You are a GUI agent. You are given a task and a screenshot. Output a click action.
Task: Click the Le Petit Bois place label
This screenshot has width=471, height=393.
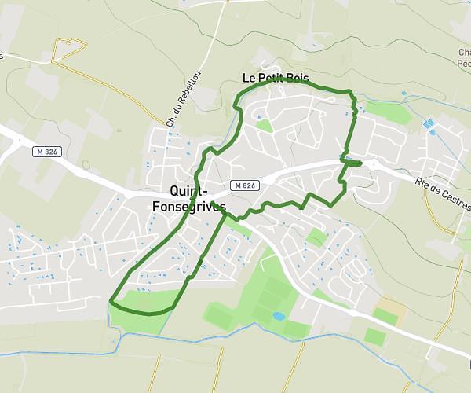pyautogui.click(x=274, y=78)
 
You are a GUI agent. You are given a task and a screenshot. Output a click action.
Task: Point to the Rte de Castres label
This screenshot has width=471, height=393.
pyautogui.click(x=443, y=189)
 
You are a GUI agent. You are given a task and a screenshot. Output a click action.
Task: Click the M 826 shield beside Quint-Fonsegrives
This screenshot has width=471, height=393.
pyautogui.click(x=245, y=185)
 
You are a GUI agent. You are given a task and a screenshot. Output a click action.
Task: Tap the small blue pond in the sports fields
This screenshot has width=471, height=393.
pyautogui.click(x=279, y=316)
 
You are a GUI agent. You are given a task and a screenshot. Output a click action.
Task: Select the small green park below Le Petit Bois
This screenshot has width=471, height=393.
pyautogui.click(x=264, y=125)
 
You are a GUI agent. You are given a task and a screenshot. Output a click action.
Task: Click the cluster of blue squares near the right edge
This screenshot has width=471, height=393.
pyautogui.click(x=429, y=124)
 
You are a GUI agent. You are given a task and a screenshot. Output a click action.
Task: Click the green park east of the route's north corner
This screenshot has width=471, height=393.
pyautogui.click(x=389, y=112)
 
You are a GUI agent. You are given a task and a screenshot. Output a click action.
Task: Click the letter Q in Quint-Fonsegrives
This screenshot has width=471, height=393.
pyautogui.click(x=175, y=190)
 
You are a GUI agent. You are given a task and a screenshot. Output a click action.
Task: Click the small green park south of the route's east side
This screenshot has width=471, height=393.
pyautogui.click(x=316, y=236)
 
